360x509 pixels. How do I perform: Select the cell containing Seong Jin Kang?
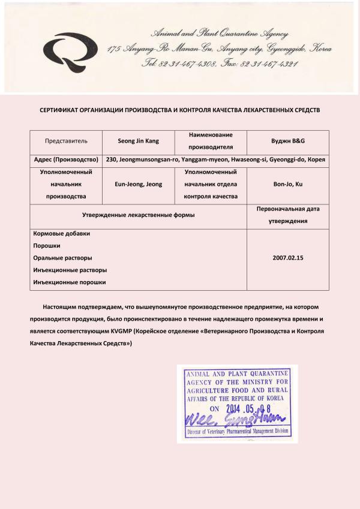click(139, 141)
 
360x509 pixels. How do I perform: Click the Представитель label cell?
click(66, 141)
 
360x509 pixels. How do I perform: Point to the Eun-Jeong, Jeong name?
click(139, 185)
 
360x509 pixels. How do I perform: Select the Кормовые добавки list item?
click(57, 234)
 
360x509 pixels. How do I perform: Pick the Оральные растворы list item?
click(62, 258)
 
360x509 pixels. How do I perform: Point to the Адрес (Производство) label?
click(65, 160)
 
